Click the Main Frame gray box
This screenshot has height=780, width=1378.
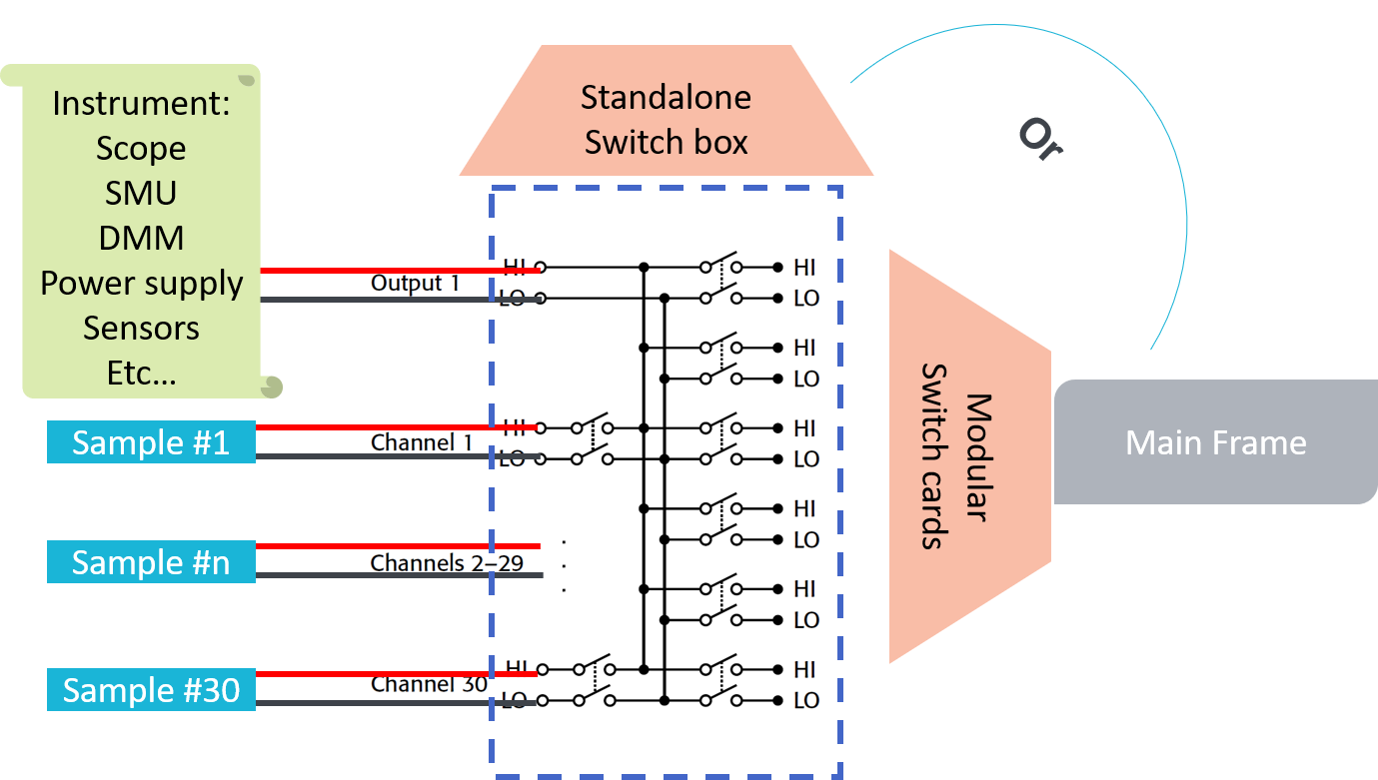pos(1215,442)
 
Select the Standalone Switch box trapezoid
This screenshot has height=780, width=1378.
pos(666,120)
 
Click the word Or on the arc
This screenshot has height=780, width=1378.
pos(1039,139)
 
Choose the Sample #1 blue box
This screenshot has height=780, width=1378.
pos(151,442)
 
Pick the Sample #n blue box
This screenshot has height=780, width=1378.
pos(151,562)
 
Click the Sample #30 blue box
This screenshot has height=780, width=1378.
pos(151,690)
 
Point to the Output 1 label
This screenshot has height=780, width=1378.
pos(415,284)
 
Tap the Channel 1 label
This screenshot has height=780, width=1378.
pos(420,442)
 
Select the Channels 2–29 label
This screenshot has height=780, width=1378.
pos(447,563)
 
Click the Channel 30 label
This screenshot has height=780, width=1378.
pos(428,685)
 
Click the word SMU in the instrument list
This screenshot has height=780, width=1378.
pos(141,193)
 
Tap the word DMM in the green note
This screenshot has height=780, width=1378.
pos(141,238)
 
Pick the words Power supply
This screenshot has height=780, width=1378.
pos(141,284)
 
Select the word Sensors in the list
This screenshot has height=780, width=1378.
pos(141,329)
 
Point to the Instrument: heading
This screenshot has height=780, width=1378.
pos(141,104)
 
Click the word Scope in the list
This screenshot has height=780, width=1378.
pos(141,149)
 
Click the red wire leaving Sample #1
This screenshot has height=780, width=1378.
pos(380,427)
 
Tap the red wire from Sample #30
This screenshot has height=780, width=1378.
pos(380,674)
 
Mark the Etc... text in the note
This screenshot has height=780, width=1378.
pos(141,373)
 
